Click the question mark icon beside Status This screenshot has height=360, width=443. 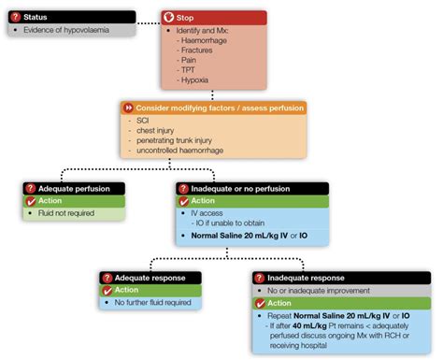[x=16, y=18]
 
